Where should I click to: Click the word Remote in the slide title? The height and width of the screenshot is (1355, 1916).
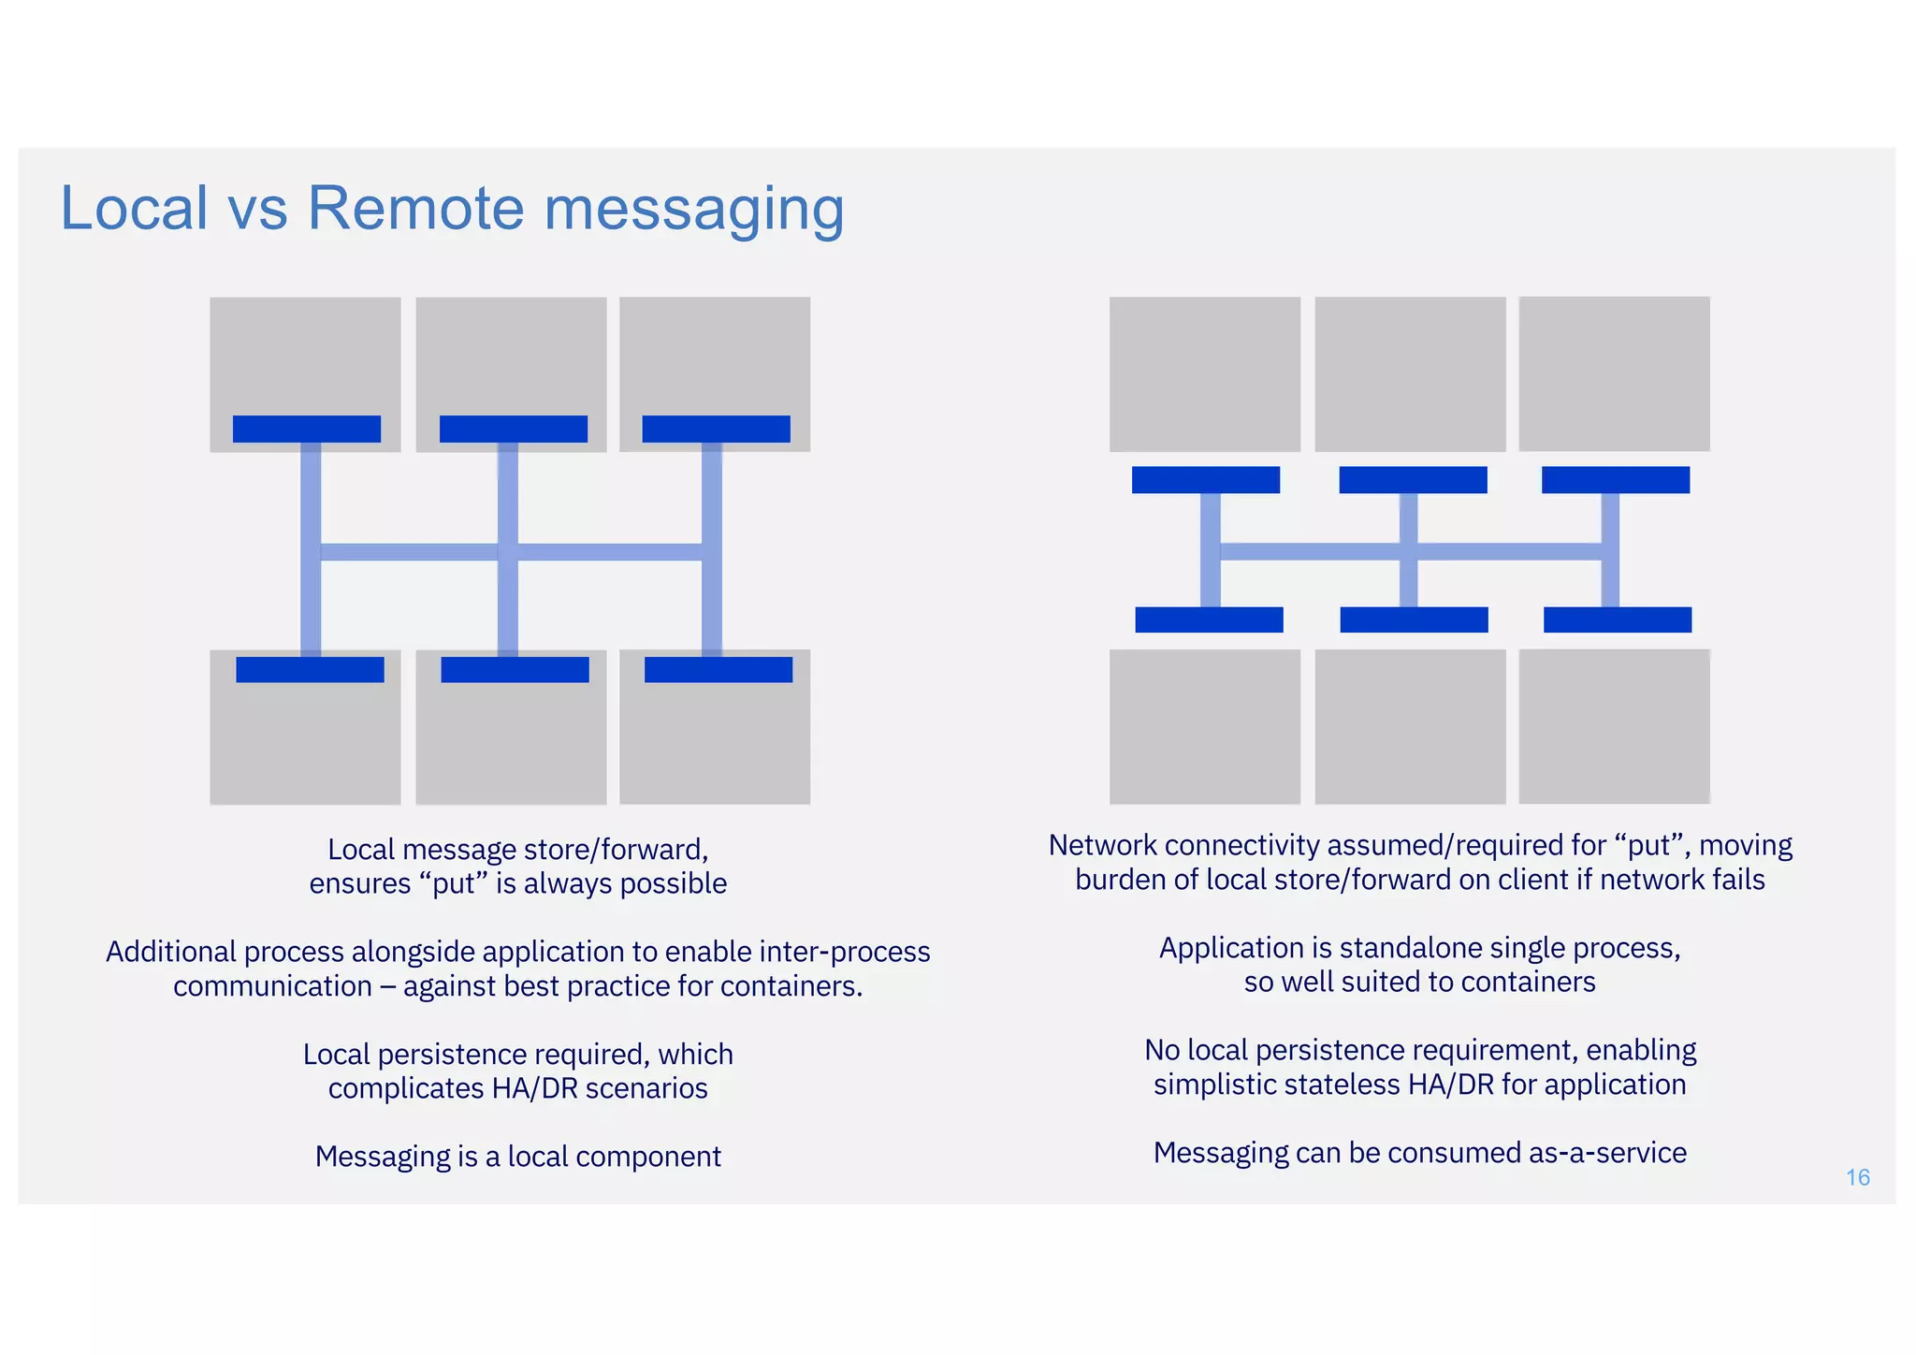click(x=415, y=208)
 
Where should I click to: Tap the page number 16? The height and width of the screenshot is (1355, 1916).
click(x=1857, y=1177)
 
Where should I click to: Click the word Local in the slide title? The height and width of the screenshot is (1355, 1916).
click(x=134, y=208)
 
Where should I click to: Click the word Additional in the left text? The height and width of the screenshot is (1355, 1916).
click(x=171, y=952)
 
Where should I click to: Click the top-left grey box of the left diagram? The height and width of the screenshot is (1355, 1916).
click(x=305, y=356)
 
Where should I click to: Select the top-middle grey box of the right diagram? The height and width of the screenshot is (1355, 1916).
click(x=1410, y=374)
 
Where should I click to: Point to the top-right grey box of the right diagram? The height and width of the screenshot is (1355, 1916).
click(x=1614, y=374)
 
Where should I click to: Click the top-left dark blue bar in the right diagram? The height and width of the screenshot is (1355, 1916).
click(x=1205, y=480)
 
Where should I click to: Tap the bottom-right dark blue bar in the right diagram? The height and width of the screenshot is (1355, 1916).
click(x=1618, y=619)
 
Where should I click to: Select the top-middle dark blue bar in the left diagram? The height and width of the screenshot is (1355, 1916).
click(x=514, y=429)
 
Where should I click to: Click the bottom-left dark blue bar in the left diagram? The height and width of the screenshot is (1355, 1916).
click(x=310, y=670)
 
